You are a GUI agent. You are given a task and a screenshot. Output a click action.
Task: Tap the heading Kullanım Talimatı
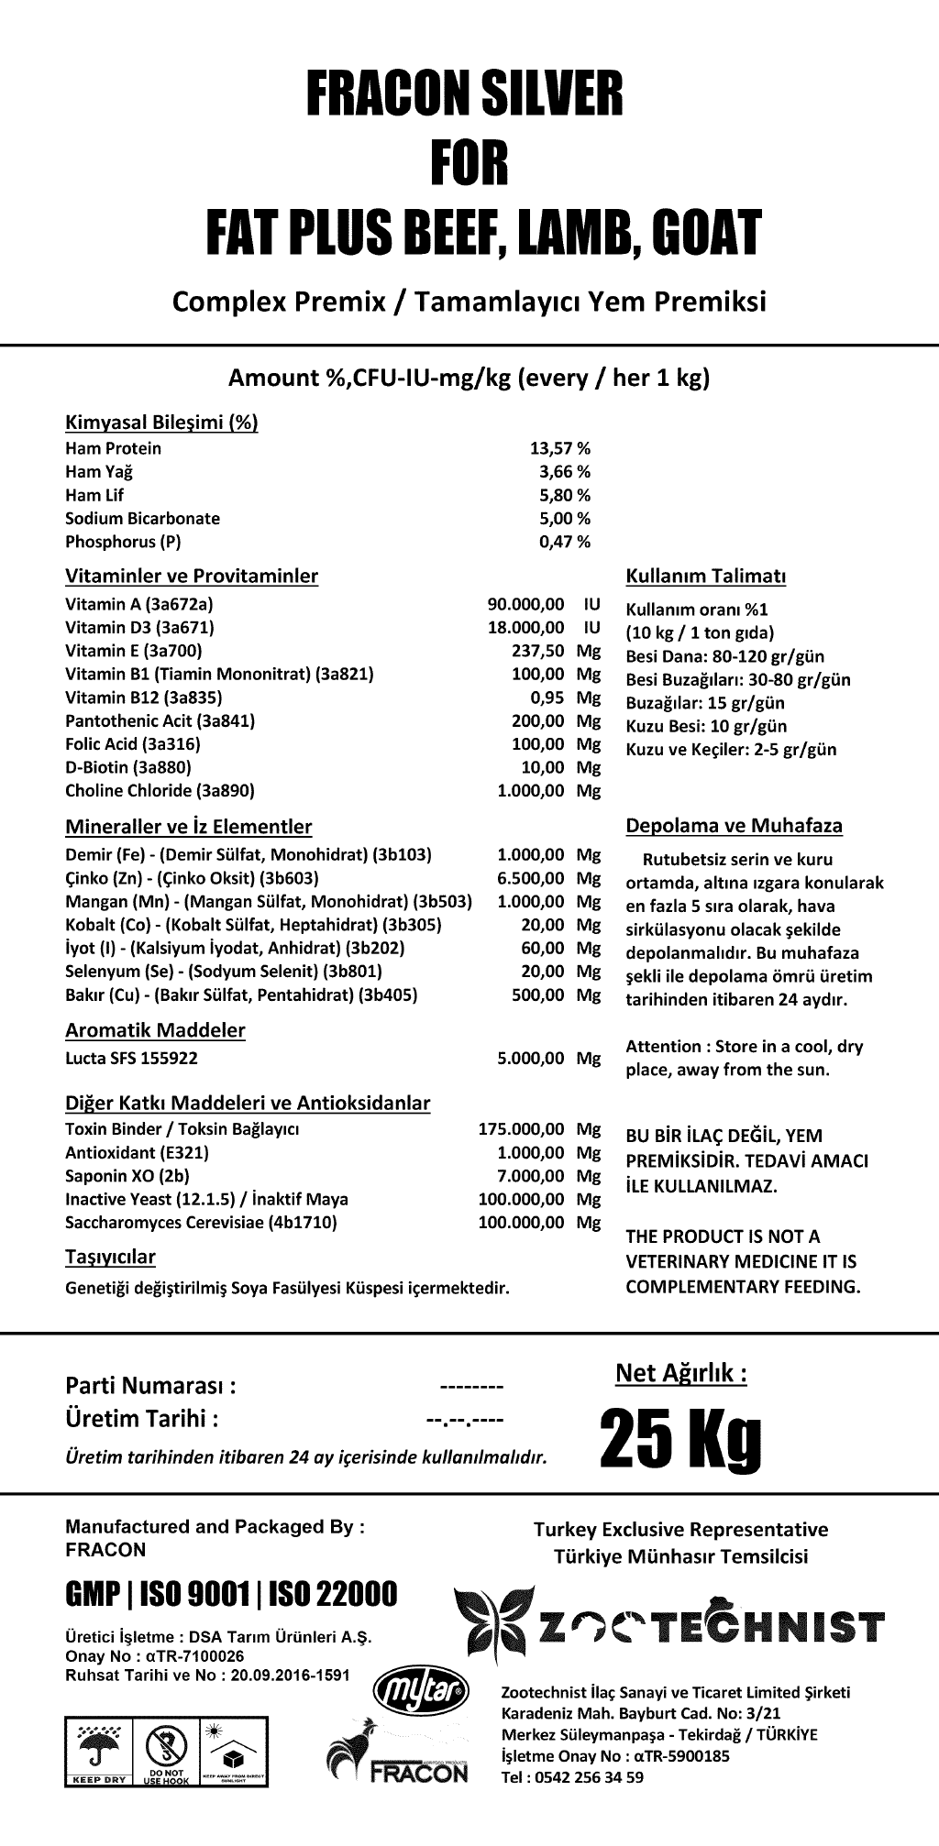(705, 577)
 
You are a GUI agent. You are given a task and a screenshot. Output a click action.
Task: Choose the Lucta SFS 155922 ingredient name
(131, 1058)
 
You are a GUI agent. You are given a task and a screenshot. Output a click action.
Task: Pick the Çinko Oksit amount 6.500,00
(531, 878)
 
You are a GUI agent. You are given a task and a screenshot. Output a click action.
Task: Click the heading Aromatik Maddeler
(155, 1030)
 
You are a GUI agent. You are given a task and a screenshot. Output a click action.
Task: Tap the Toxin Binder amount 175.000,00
(522, 1128)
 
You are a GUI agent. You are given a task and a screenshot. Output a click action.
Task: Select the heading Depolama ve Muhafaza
(734, 826)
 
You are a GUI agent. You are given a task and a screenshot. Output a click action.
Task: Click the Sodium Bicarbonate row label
(142, 518)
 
